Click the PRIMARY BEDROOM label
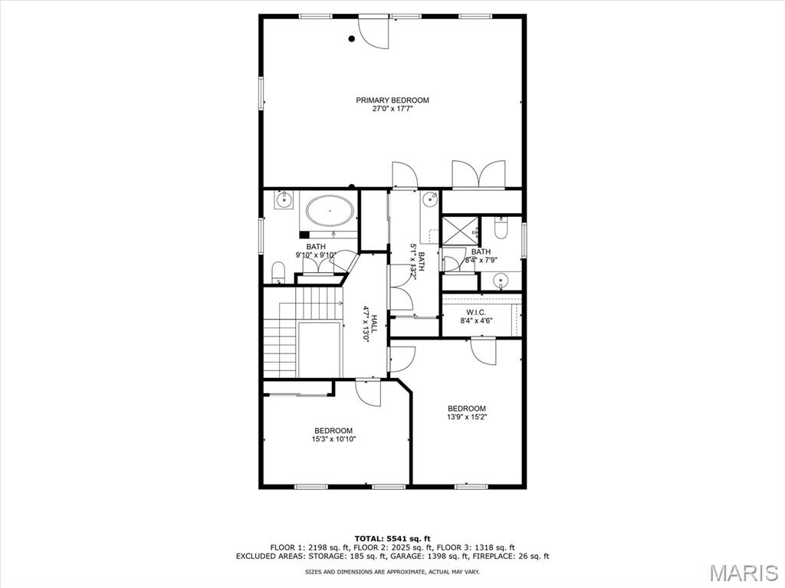392,100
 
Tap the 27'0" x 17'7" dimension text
392,110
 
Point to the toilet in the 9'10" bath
279,271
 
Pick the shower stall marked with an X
459,230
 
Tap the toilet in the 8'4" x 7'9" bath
501,228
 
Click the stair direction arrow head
340,302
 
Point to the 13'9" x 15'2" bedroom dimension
467,417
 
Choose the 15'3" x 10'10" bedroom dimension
333,439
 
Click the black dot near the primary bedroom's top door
352,39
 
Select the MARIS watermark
744,572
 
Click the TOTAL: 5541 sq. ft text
392,537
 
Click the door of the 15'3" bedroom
368,393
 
